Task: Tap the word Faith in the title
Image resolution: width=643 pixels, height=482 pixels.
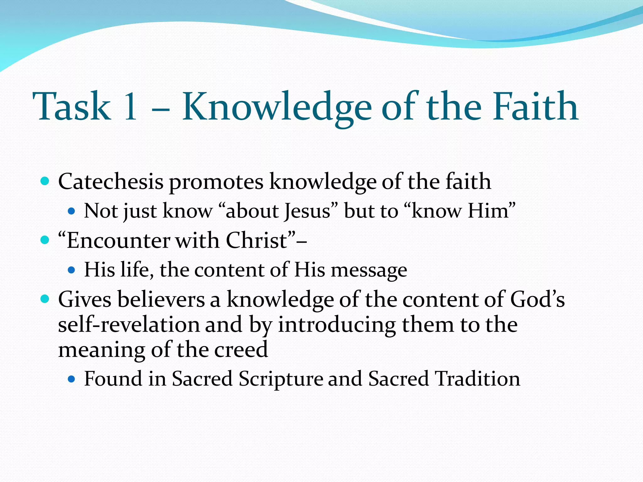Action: coord(535,107)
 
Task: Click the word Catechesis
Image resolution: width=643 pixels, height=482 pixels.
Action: coord(111,182)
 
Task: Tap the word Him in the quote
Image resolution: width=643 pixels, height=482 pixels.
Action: coord(491,211)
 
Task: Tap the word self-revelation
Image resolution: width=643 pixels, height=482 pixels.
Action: coord(129,325)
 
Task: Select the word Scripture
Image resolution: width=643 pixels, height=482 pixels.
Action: coord(281,379)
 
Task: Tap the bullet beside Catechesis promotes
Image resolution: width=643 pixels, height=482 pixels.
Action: coord(45,181)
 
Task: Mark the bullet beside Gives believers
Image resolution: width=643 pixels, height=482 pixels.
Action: coord(45,299)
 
